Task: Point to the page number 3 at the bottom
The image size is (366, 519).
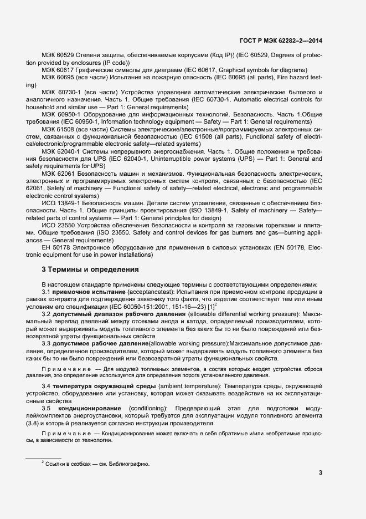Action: click(321, 472)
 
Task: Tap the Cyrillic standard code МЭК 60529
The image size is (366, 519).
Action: click(58, 55)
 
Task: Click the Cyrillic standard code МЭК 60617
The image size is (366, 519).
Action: click(58, 70)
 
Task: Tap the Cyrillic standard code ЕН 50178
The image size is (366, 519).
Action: click(56, 247)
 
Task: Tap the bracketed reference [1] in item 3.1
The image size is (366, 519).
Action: click(211, 307)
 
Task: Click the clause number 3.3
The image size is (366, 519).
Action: click(47, 344)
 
